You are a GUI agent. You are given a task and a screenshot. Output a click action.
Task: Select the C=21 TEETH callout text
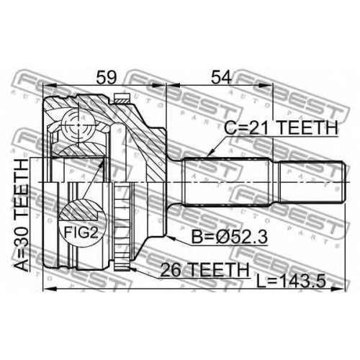(281, 127)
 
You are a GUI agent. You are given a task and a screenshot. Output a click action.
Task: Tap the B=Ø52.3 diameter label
(230, 236)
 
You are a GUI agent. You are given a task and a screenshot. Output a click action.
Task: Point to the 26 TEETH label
(204, 269)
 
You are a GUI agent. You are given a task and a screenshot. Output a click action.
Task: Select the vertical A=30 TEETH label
(22, 215)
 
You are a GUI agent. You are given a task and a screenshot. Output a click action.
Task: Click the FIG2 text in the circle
(81, 232)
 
